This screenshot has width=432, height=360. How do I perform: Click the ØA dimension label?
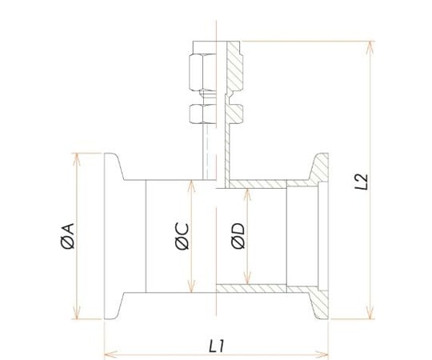[x=68, y=236]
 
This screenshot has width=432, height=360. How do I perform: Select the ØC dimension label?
[x=182, y=236]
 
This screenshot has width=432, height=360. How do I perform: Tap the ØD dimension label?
[x=238, y=235]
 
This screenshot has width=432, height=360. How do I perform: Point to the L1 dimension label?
[x=216, y=346]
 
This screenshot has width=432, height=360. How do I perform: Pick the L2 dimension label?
[x=361, y=182]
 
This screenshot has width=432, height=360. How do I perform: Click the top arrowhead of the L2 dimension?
[x=370, y=47]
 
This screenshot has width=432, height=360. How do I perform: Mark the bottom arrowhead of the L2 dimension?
[x=370, y=313]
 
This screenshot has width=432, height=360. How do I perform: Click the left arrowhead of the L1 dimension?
[x=111, y=354]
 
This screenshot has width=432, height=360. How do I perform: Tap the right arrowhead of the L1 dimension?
[x=322, y=354]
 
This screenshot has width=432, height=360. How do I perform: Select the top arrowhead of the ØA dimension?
[x=77, y=159]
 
